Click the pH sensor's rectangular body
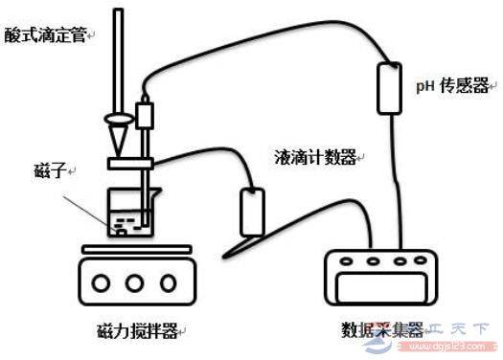pos(391,88)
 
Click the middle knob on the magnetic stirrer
pos(134,283)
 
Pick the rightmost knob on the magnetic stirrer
pos(168,283)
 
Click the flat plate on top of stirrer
pos(133,250)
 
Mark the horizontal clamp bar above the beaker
pos(129,165)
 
